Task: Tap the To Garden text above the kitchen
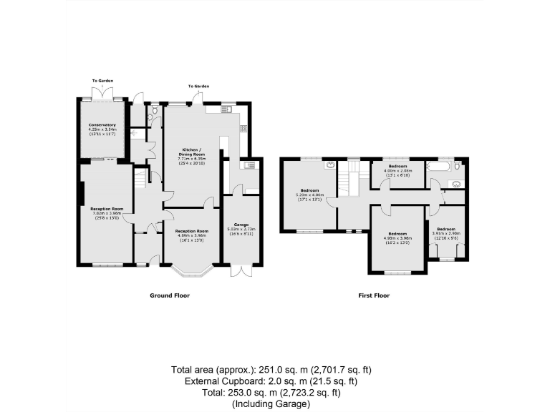click(199, 86)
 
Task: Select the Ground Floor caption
click(169, 295)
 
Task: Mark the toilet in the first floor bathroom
click(458, 168)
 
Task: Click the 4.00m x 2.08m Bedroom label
click(398, 170)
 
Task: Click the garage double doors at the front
click(241, 271)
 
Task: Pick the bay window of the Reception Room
click(192, 270)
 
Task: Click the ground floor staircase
click(141, 177)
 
